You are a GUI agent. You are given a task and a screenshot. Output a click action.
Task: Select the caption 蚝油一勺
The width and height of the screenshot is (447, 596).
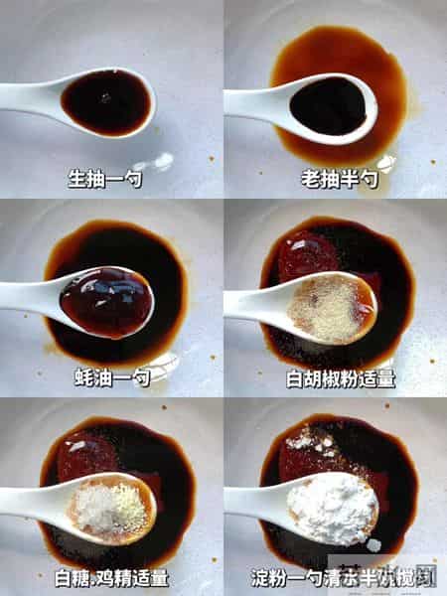(111, 377)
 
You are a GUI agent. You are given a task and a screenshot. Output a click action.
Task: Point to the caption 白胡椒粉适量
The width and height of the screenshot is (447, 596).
(334, 377)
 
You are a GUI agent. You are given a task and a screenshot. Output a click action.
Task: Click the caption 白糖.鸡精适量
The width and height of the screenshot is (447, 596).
(111, 576)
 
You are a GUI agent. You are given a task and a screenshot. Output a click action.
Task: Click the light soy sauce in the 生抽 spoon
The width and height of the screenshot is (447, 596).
(106, 101)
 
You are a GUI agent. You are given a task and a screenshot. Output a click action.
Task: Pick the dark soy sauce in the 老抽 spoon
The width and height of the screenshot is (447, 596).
(329, 105)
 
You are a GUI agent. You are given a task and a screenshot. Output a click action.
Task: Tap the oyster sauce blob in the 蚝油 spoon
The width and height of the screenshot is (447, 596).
(105, 301)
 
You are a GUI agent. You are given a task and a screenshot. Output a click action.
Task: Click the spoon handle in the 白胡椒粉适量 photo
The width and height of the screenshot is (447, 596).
(248, 303)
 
